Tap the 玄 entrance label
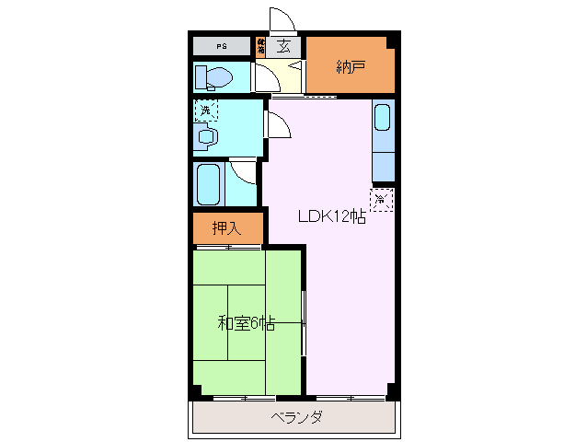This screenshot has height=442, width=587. [285, 46]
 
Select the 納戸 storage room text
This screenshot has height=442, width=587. [350, 65]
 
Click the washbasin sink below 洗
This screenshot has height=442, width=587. [206, 138]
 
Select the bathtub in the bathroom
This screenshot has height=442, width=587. [209, 184]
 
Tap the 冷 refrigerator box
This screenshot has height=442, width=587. [382, 199]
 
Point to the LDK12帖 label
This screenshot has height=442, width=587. [331, 217]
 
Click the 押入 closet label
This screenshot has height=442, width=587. [227, 228]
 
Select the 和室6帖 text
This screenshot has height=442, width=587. [246, 323]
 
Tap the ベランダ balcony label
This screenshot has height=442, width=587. [296, 418]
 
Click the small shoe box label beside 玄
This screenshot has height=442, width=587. [262, 44]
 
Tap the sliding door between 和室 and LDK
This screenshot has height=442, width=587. [305, 322]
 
